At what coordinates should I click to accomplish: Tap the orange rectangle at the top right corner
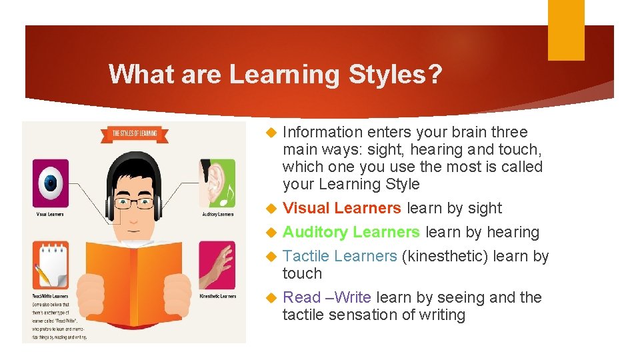tap(566, 29)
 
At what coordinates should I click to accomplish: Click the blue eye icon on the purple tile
tap(51, 182)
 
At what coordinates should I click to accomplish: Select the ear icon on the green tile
tap(217, 182)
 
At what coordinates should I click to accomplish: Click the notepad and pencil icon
tap(51, 266)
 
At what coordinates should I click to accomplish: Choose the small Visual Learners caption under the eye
tap(50, 214)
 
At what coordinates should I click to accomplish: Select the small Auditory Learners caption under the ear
tap(217, 214)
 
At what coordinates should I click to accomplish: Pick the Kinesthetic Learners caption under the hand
tap(217, 296)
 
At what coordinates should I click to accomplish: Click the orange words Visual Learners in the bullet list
tap(342, 208)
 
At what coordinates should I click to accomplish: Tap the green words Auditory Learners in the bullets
tap(351, 232)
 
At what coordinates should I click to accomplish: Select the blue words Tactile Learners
tap(340, 256)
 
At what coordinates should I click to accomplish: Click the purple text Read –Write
tap(327, 297)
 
